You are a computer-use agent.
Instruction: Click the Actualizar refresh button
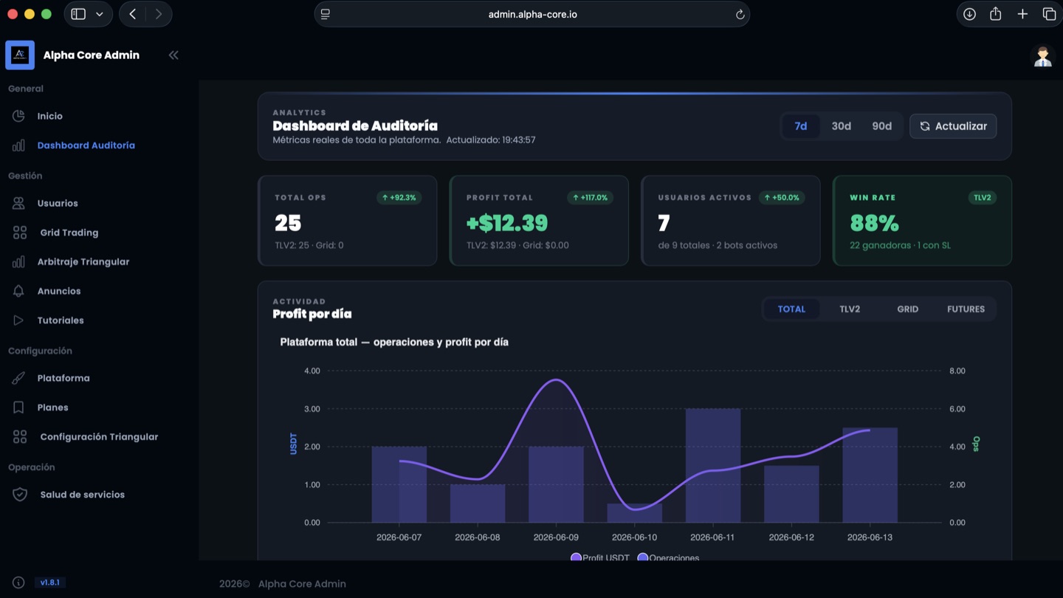click(953, 126)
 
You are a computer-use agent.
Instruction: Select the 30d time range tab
click(841, 126)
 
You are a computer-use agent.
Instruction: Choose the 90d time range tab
click(881, 126)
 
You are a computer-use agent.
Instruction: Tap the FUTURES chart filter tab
click(966, 309)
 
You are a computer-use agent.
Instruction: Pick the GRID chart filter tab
click(907, 309)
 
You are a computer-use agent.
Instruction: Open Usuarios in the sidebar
click(58, 203)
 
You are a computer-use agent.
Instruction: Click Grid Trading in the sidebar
click(69, 233)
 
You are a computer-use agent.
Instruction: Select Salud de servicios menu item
click(82, 495)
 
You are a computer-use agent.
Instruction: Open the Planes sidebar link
click(52, 408)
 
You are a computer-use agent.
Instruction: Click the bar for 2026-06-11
click(713, 466)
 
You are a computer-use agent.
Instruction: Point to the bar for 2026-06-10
click(635, 513)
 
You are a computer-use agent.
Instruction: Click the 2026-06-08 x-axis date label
click(478, 537)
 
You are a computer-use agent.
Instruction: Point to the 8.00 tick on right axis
click(957, 371)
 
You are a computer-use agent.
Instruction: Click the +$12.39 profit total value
click(507, 223)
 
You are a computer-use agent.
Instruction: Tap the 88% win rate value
click(874, 223)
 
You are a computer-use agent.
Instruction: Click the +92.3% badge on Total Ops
click(399, 197)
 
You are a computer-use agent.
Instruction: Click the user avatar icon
click(1042, 57)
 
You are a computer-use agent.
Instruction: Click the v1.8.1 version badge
click(50, 582)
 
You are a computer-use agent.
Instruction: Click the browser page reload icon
click(740, 14)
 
